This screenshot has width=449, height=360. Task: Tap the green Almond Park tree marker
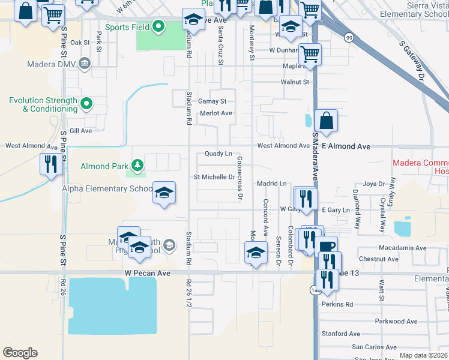pyautogui.click(x=137, y=165)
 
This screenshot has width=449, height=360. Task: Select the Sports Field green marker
pyautogui.click(x=158, y=26)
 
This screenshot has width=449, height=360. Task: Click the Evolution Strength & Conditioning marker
pyautogui.click(x=86, y=104)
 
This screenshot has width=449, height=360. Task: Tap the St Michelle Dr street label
pyautogui.click(x=214, y=177)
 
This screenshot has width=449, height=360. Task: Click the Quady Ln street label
pyautogui.click(x=218, y=154)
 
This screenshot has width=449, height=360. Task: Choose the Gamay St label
pyautogui.click(x=212, y=101)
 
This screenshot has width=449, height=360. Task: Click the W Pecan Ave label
pyautogui.click(x=148, y=273)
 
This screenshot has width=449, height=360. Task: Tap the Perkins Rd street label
pyautogui.click(x=337, y=304)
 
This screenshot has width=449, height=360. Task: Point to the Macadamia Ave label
pyautogui.click(x=402, y=248)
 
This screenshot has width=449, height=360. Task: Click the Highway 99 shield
pyautogui.click(x=348, y=37)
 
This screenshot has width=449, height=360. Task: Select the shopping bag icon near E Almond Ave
pyautogui.click(x=325, y=121)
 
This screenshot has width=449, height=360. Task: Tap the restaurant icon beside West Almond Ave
pyautogui.click(x=49, y=163)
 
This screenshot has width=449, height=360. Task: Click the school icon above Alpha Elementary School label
pyautogui.click(x=164, y=193)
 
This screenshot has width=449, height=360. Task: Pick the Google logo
pyautogui.click(x=20, y=353)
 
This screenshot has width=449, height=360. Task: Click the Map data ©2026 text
pyautogui.click(x=423, y=355)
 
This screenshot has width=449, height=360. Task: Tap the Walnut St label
pyautogui.click(x=295, y=82)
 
